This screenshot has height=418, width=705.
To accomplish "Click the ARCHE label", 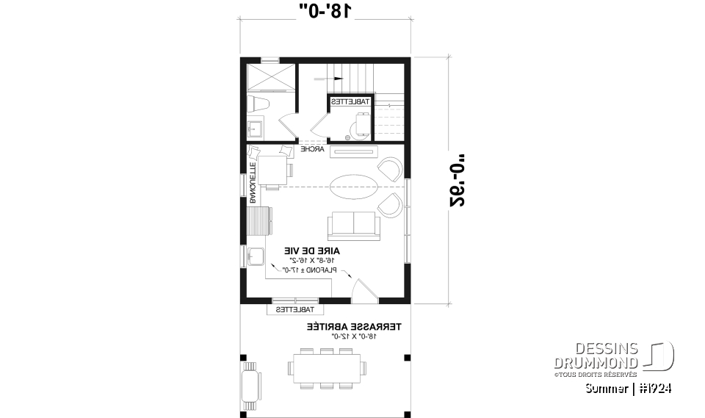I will point(313,149).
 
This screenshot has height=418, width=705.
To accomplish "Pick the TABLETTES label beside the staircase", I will point(350,102).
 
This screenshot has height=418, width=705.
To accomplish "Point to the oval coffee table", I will point(354,186).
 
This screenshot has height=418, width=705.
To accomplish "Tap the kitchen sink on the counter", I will point(257,257).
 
